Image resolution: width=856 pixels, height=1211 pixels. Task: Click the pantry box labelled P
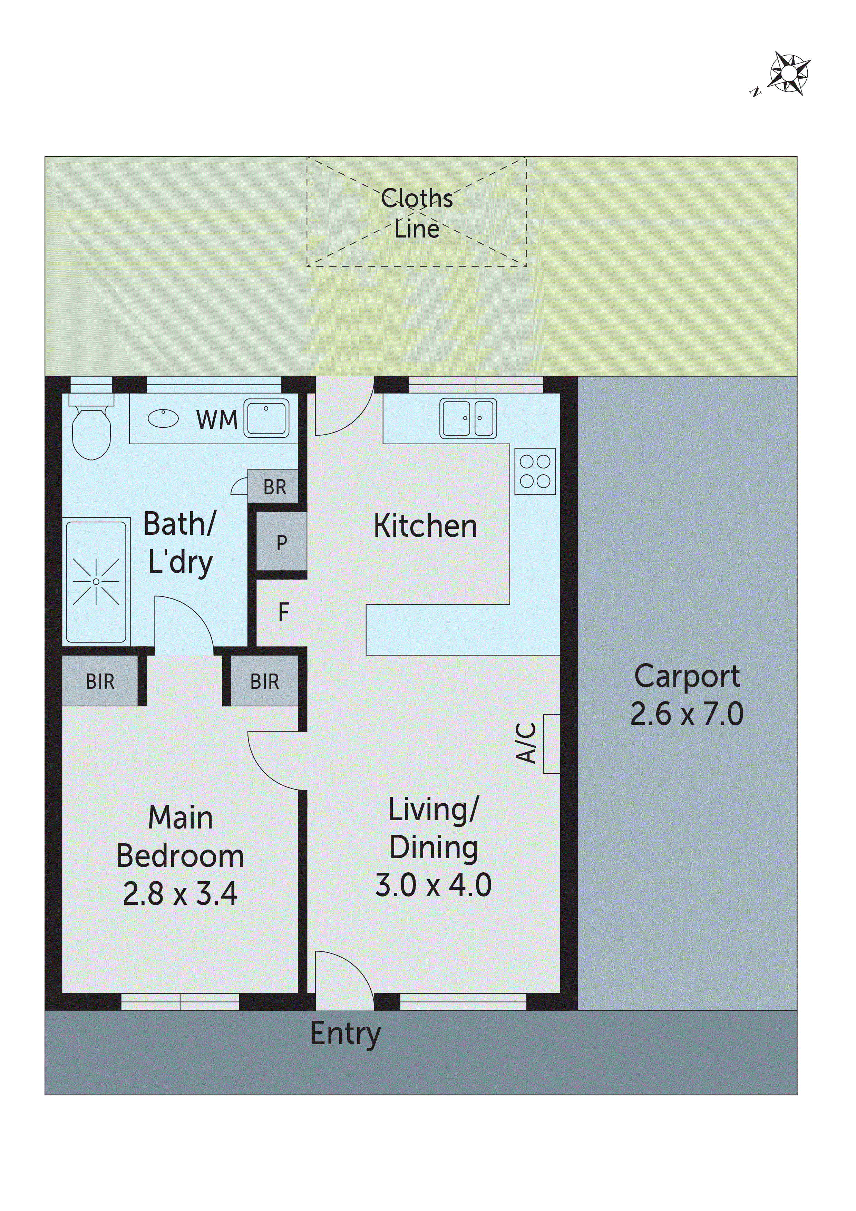coord(282,542)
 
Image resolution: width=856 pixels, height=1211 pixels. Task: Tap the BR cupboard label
coord(274,487)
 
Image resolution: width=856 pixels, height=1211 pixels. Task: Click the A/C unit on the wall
coord(551,744)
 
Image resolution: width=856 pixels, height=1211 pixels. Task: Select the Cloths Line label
coord(417,213)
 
